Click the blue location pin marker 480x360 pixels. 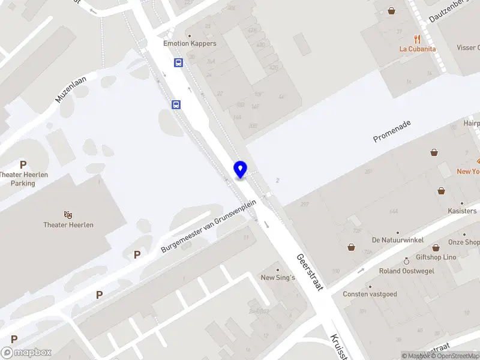pyautogui.click(x=240, y=169)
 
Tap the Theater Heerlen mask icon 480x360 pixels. pyautogui.click(x=68, y=214)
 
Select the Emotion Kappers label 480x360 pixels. pyautogui.click(x=190, y=43)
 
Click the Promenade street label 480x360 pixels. pyautogui.click(x=392, y=131)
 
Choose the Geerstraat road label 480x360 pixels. pyautogui.click(x=310, y=272)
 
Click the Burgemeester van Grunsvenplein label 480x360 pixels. pyautogui.click(x=209, y=226)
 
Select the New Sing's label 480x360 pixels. pyautogui.click(x=278, y=277)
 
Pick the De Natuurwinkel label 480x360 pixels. pyautogui.click(x=397, y=240)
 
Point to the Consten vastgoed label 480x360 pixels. pyautogui.click(x=370, y=294)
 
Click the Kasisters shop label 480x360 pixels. pyautogui.click(x=462, y=211)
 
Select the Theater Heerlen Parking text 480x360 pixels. pyautogui.click(x=23, y=179)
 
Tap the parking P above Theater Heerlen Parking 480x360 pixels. pyautogui.click(x=23, y=164)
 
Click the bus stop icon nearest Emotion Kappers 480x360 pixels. pyautogui.click(x=178, y=62)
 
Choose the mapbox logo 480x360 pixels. pyautogui.click(x=26, y=353)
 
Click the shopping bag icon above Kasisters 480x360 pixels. pyautogui.click(x=442, y=191)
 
